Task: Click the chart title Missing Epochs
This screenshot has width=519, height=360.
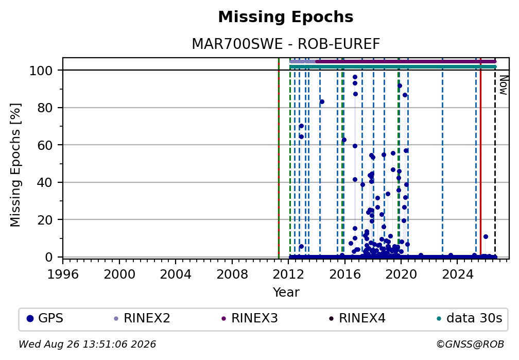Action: coord(286,17)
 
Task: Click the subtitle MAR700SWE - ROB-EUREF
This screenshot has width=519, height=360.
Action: coord(286,44)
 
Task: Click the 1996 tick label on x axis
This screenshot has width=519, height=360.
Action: coord(63,274)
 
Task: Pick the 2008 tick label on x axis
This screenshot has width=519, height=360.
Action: coord(232,274)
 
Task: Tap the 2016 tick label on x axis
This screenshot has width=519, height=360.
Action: coord(344,274)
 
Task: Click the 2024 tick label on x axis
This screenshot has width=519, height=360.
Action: coord(457,274)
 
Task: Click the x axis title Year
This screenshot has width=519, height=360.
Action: coord(286,293)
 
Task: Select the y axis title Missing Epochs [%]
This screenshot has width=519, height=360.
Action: coord(15,165)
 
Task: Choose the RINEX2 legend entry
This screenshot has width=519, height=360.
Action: coord(142,318)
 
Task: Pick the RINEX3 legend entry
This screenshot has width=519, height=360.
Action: coord(250,318)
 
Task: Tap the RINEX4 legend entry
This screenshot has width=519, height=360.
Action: coord(357,318)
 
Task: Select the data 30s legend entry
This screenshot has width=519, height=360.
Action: coord(470,318)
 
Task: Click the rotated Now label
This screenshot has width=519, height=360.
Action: coord(504,85)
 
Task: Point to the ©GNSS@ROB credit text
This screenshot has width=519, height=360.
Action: coord(470,345)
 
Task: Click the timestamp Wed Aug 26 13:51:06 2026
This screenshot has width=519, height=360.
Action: coord(87,345)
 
